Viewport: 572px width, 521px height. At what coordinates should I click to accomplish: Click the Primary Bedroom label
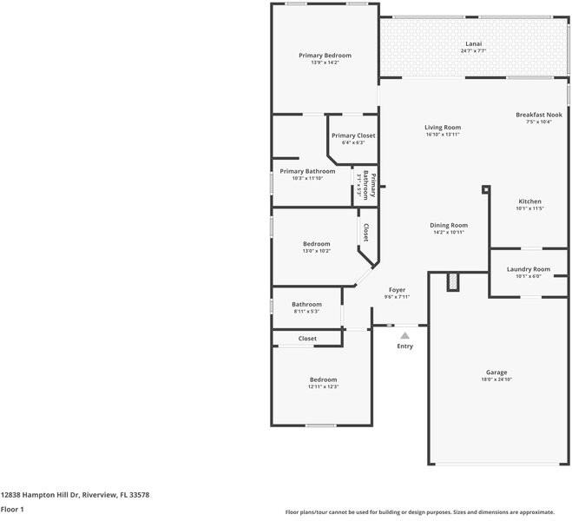click(x=325, y=56)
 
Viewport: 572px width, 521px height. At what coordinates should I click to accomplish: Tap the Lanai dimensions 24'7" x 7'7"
click(x=473, y=51)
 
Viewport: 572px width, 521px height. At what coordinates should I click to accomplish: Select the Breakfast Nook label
click(x=538, y=115)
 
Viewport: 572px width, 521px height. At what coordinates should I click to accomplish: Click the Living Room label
click(x=443, y=128)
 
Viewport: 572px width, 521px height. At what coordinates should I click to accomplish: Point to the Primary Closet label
click(x=353, y=135)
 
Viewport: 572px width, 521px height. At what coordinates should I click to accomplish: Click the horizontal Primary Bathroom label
click(x=307, y=171)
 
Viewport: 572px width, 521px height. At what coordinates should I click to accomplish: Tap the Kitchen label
click(x=529, y=201)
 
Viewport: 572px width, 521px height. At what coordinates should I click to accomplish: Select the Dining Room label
click(x=449, y=225)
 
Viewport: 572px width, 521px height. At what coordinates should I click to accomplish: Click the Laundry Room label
click(x=529, y=269)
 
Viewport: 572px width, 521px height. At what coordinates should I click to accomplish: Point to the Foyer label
click(x=397, y=290)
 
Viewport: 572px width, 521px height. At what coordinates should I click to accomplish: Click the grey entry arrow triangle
click(x=404, y=334)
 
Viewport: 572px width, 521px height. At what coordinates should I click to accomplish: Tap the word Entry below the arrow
click(x=405, y=346)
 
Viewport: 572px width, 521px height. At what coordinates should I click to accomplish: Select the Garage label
click(x=496, y=373)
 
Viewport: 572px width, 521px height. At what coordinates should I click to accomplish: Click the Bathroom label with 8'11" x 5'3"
click(x=306, y=304)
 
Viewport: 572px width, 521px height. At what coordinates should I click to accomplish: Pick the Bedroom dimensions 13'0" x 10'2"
click(x=316, y=251)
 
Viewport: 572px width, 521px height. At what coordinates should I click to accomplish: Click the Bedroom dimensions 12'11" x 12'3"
click(x=323, y=386)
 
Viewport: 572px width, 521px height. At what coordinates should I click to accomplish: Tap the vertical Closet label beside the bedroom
click(x=366, y=232)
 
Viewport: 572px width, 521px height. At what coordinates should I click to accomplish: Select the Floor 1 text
click(x=12, y=509)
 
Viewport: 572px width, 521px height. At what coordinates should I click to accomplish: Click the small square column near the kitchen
click(x=486, y=189)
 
